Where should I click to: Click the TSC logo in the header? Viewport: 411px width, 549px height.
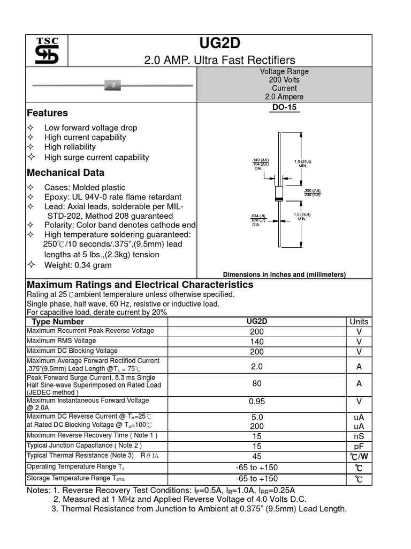47,51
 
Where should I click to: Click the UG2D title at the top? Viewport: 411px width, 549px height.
219,44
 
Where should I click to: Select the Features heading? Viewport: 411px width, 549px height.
48,113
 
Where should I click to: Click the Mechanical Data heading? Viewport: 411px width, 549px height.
66,173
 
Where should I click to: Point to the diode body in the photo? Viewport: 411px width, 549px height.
113,85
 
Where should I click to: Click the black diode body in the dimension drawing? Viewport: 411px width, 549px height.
278,194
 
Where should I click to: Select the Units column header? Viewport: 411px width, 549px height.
359,322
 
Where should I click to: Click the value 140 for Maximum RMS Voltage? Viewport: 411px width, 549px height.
257,342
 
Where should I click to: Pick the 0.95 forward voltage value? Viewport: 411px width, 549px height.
257,401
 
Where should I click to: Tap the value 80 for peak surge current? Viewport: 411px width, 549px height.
257,384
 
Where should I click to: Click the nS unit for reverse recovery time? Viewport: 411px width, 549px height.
359,436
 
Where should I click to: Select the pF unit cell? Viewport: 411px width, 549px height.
359,446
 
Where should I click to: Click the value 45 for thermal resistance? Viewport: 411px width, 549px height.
257,456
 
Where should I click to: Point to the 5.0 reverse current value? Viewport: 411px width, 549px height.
257,417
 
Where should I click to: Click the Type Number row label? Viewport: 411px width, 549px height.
58,322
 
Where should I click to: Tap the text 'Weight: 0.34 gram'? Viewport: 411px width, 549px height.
78,265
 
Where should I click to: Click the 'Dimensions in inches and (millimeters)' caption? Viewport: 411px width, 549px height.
284,274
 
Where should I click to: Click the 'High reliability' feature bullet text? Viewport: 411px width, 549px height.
70,147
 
